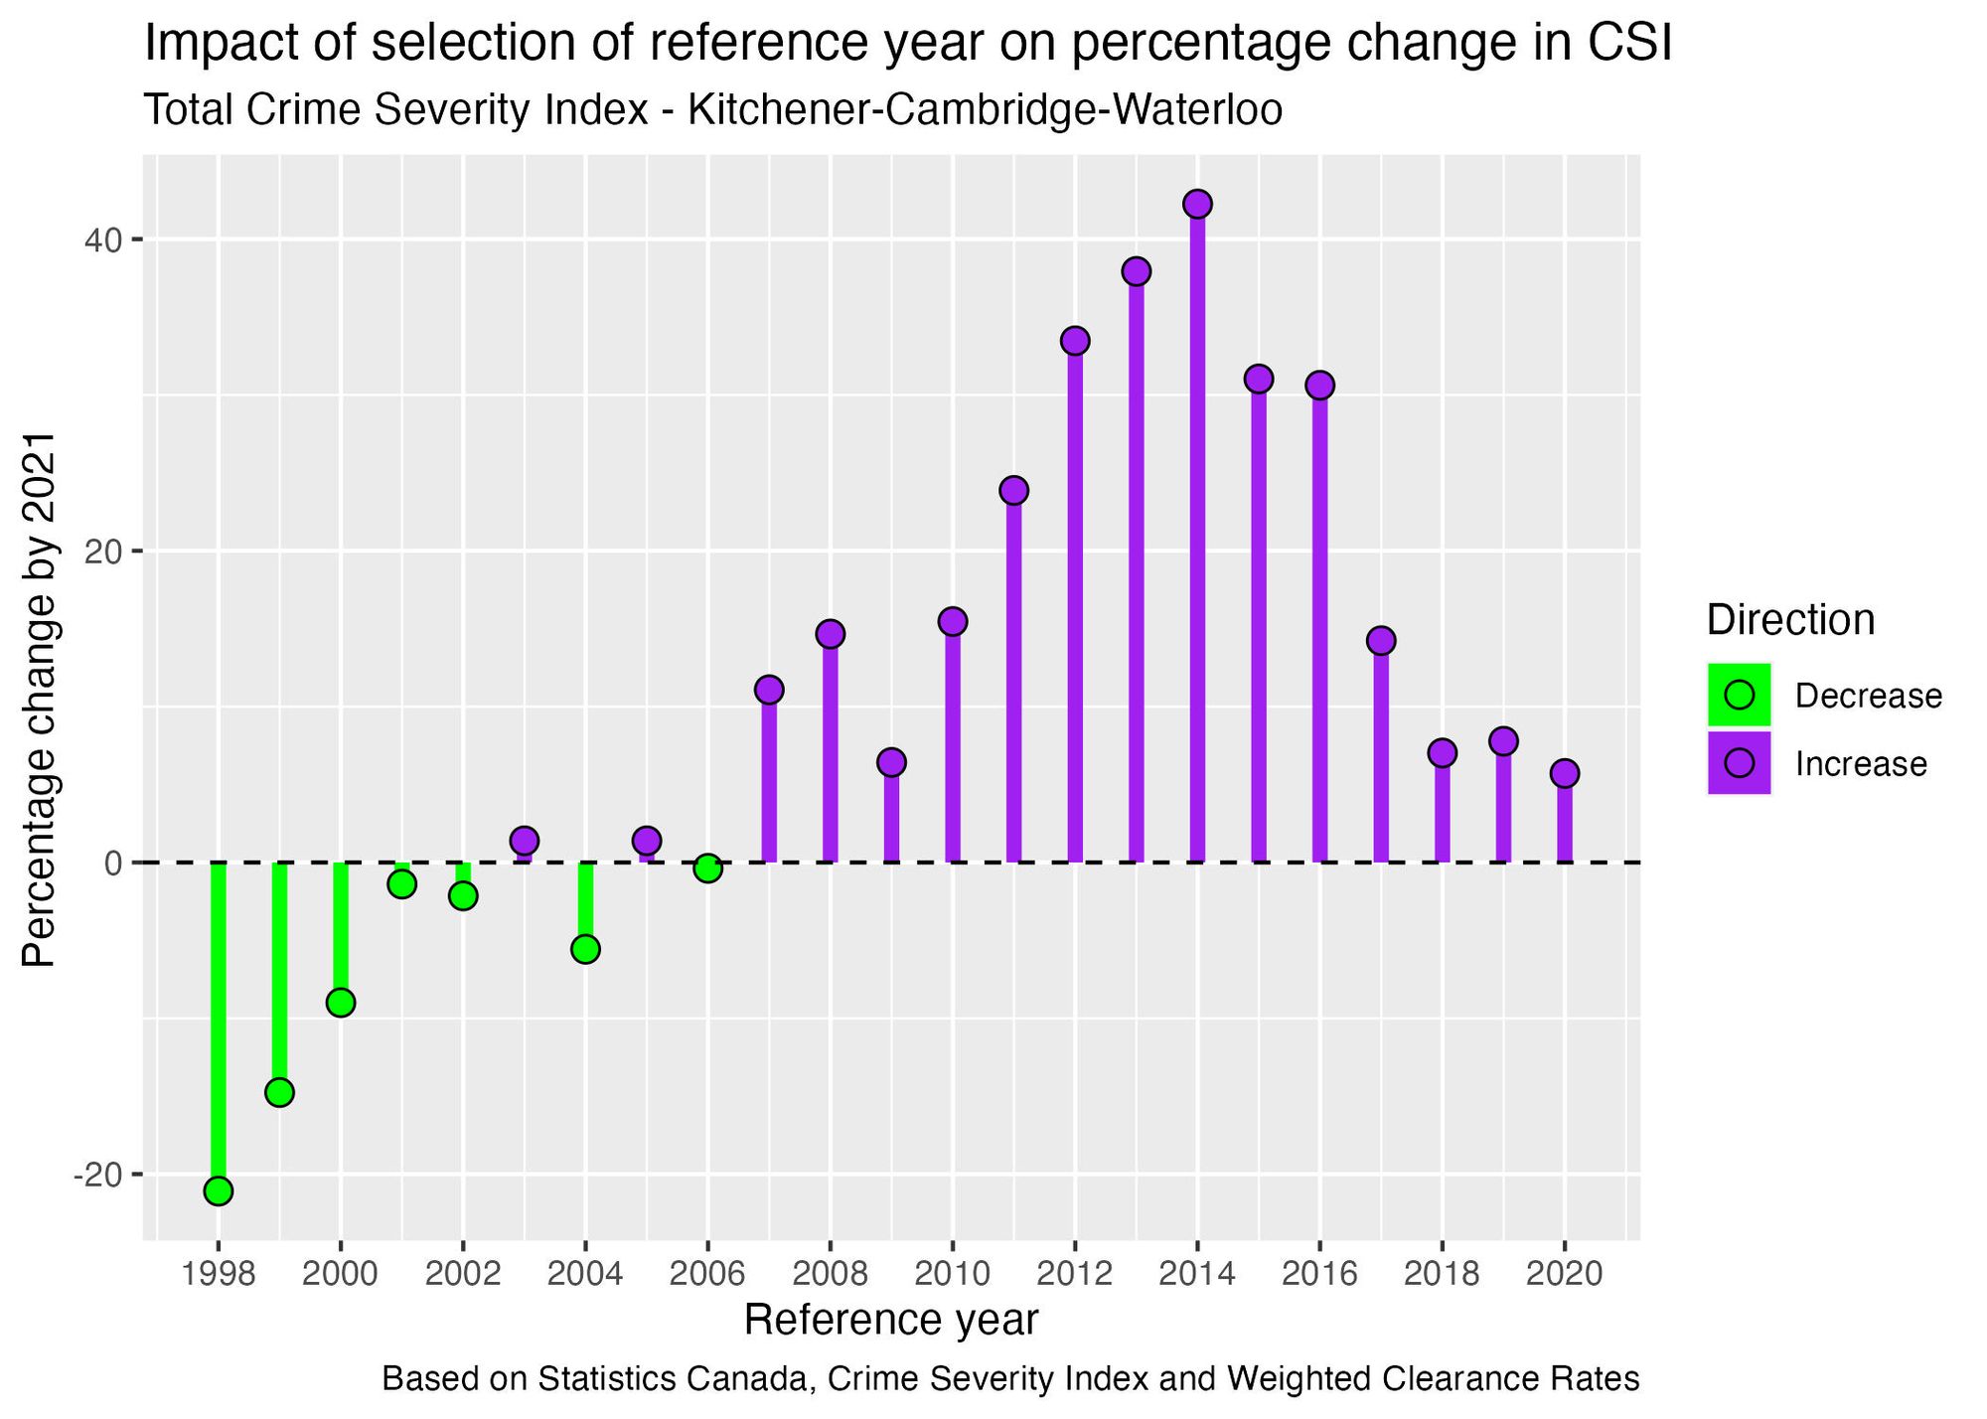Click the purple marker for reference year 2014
coord(1197,205)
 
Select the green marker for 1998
coord(219,1190)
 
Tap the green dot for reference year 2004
coord(585,949)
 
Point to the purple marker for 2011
coord(1013,490)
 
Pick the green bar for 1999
coord(279,974)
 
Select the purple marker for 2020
coord(1564,773)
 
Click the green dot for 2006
coord(707,868)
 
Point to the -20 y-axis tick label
coord(94,1176)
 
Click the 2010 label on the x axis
coord(952,1274)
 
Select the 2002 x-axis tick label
coord(462,1274)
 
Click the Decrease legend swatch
coord(1739,695)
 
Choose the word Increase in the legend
coord(1860,764)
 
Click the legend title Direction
coord(1790,620)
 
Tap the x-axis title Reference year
coord(890,1321)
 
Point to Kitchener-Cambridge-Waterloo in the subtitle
coord(984,110)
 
